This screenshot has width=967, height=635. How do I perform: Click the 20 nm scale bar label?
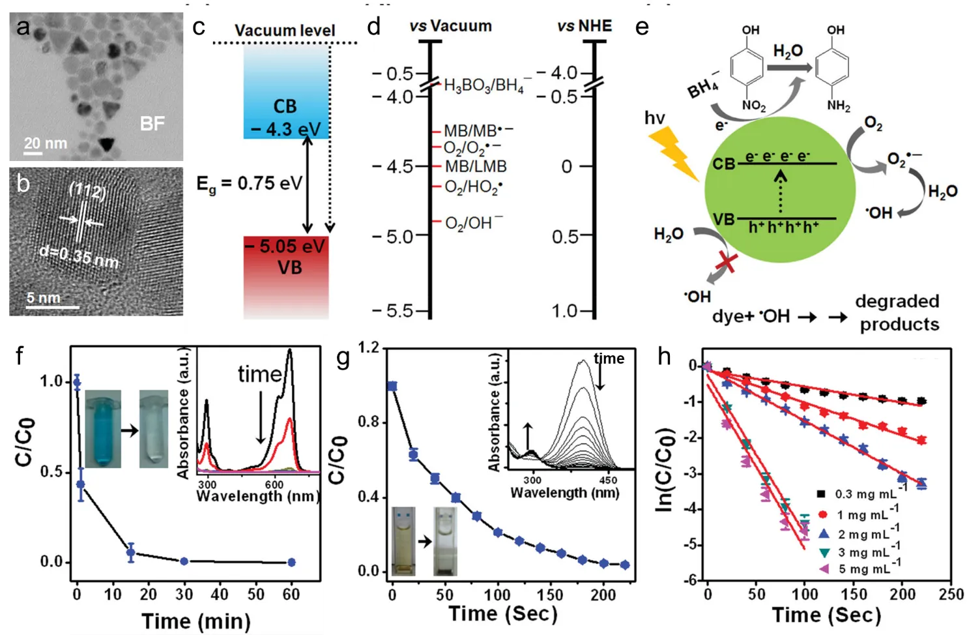46,143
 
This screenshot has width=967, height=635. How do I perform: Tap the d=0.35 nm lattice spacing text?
79,256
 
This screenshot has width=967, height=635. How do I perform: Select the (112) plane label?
87,190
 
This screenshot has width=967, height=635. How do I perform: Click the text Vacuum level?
285,31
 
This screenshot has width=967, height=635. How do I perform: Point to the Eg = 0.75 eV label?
250,185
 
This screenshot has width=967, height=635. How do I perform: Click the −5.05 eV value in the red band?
285,246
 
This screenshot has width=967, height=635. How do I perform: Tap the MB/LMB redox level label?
476,166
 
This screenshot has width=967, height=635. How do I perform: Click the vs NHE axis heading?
585,26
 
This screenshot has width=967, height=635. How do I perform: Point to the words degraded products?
898,313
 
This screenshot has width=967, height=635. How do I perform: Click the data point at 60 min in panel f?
291,562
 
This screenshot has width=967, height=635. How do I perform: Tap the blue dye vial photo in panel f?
103,428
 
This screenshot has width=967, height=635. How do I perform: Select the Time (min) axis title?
195,621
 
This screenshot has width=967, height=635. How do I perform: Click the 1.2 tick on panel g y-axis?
369,347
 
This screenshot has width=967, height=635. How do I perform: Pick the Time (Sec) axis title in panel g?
502,613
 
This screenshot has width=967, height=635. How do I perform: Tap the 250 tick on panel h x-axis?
951,594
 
